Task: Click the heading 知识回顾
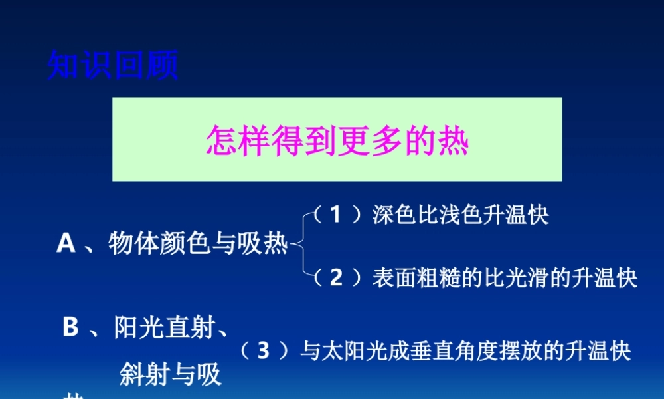(113, 65)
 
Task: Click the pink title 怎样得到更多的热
(337, 140)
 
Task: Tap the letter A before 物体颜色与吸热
(66, 244)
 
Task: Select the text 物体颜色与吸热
(198, 244)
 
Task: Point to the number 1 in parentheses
(336, 215)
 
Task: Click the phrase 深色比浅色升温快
(461, 215)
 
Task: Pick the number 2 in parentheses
(336, 277)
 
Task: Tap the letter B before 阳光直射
(70, 327)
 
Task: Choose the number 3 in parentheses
(264, 350)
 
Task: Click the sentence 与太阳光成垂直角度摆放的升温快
(465, 350)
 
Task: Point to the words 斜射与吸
(171, 375)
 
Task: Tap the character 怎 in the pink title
(220, 140)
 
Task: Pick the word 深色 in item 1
(388, 215)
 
